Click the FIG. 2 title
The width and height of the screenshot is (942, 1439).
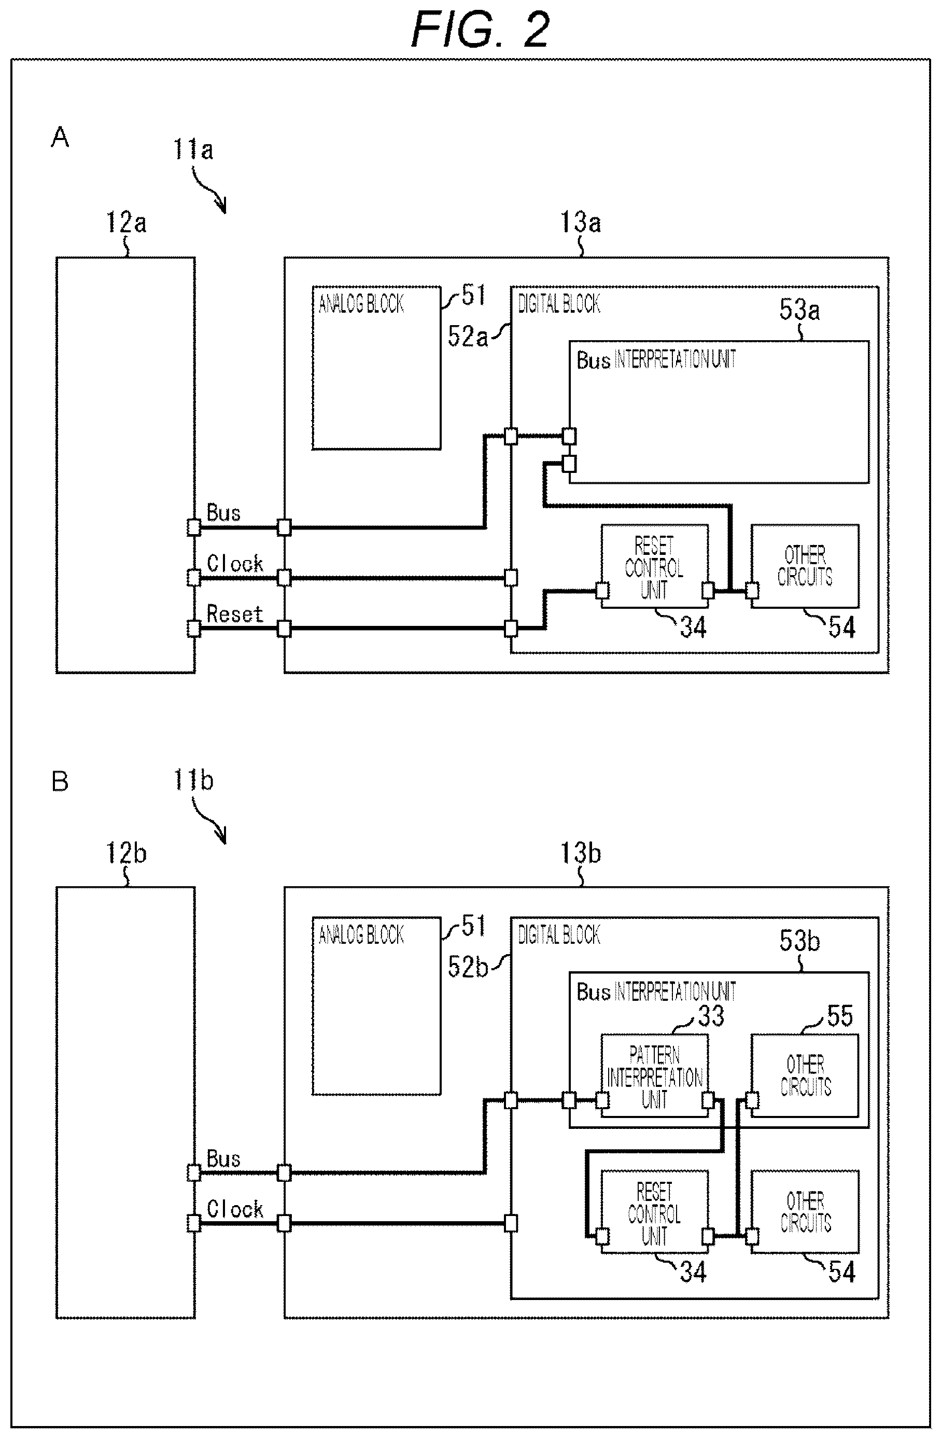481,29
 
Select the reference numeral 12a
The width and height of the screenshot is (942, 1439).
126,222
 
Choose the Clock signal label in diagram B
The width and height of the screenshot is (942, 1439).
235,1209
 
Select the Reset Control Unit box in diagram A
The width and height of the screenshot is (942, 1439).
654,566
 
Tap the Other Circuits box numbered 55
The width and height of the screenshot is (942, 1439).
805,1075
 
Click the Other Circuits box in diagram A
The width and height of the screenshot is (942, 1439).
805,566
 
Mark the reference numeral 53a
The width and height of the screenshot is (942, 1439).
799,310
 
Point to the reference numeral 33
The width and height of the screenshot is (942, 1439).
711,1016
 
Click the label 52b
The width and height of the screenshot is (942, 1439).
468,967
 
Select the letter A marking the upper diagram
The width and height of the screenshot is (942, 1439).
60,137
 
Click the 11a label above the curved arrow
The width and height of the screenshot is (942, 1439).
193,149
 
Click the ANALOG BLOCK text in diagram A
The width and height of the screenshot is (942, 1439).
361,303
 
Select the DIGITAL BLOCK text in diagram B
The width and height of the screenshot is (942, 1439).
559,935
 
